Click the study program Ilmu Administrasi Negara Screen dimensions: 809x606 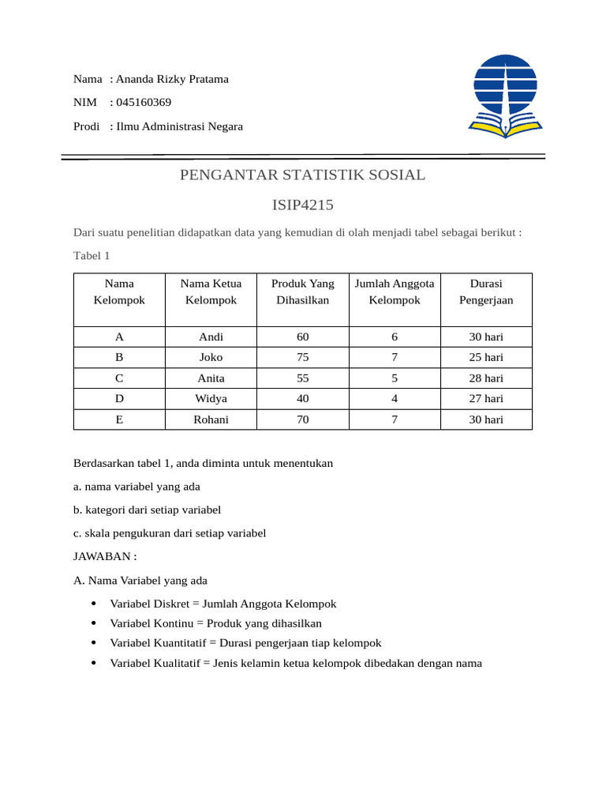(179, 126)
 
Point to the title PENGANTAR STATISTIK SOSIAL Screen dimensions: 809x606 (302, 175)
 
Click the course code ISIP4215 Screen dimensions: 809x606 (302, 205)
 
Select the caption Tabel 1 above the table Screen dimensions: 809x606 (92, 255)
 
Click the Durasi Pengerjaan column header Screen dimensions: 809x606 (486, 292)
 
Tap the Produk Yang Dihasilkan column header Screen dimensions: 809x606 (302, 292)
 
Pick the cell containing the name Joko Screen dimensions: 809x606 (211, 357)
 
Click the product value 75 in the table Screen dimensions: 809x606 (302, 357)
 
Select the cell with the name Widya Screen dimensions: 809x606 (211, 398)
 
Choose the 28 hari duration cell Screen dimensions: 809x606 (486, 378)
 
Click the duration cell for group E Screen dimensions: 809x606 (486, 420)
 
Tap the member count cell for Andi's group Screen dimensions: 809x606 (395, 337)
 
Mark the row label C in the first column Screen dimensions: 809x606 (119, 378)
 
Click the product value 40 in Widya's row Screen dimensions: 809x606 (302, 398)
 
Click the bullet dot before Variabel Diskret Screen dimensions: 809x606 (94, 604)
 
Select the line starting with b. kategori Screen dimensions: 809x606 (147, 510)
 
